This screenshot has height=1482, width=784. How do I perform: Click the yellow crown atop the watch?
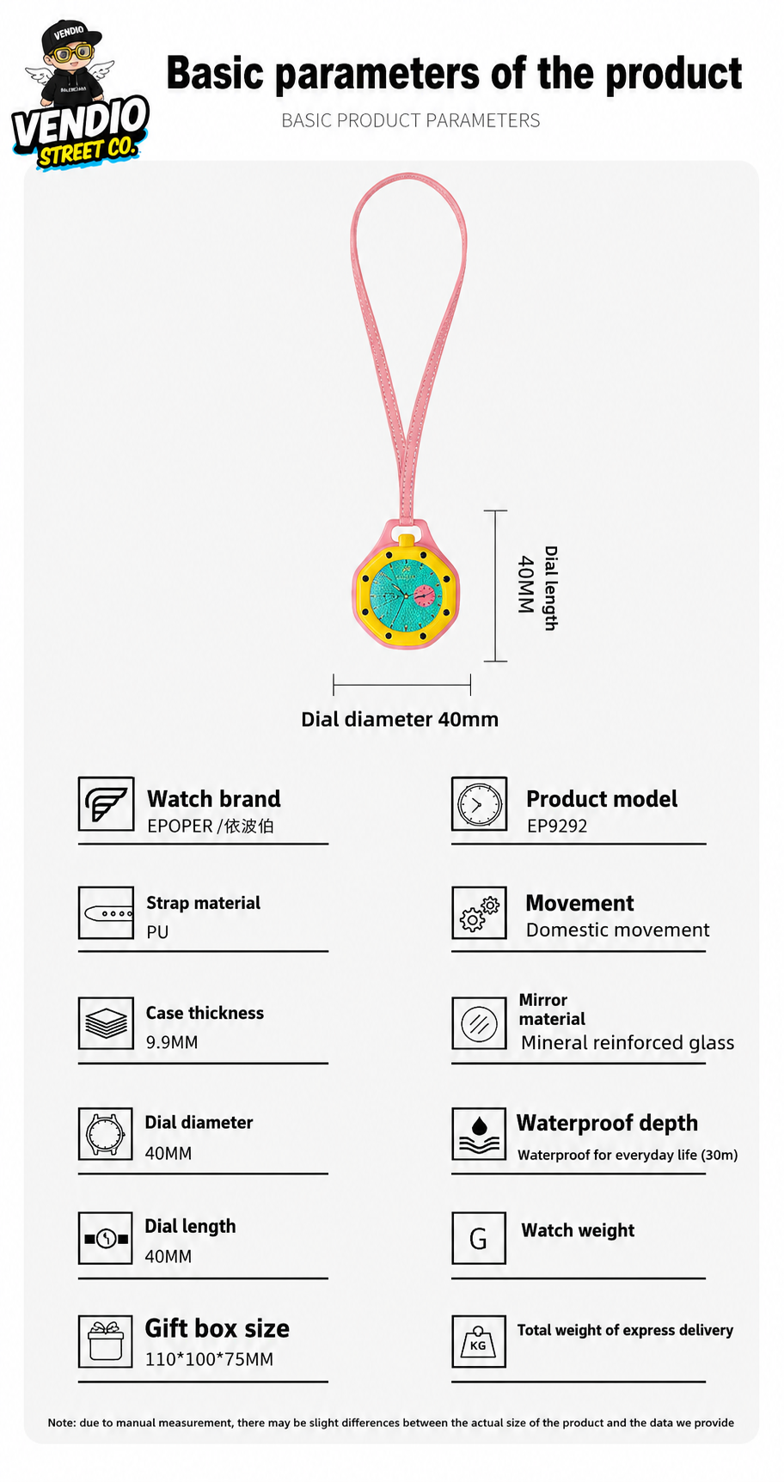point(407,540)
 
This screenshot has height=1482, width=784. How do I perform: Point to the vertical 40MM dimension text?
point(525,584)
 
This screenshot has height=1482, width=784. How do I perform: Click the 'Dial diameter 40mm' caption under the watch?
point(400,719)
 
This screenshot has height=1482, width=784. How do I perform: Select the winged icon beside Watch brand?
point(106,803)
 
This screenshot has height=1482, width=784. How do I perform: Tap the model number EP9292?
point(557,826)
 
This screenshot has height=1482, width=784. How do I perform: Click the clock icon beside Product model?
point(479,804)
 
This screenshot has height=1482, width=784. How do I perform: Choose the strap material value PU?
point(157,932)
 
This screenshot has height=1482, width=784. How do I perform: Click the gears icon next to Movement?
point(479,912)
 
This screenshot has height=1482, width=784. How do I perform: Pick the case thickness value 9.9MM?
point(172,1042)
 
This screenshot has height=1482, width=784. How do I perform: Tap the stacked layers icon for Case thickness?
point(106,1023)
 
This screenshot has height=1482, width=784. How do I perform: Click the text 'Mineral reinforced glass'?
point(628,1043)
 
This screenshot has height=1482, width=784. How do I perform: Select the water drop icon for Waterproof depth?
point(479,1134)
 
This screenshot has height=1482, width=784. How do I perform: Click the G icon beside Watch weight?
point(479,1238)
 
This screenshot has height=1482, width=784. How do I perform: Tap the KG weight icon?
point(479,1341)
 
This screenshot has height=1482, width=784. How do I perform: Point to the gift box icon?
point(106,1341)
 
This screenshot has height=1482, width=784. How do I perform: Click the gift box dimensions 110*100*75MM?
point(209,1359)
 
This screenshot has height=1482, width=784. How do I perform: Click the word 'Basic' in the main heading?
point(216,74)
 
